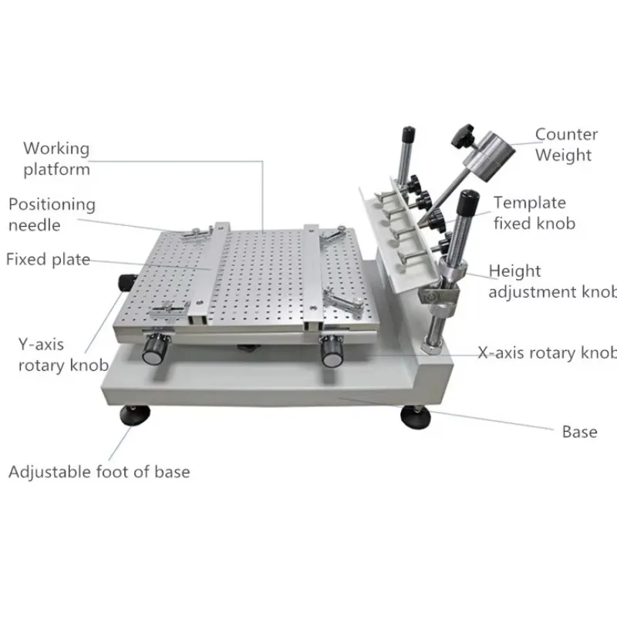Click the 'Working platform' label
coord(56,158)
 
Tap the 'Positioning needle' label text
coord(52,214)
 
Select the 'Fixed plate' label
coord(48,259)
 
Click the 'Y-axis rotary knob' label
coord(62,354)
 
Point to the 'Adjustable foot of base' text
coord(99,471)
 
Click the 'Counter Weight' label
coord(566,144)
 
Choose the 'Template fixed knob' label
coord(534,213)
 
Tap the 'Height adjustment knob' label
coord(551,282)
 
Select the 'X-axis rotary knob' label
coord(547,352)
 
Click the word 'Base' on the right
coord(579,431)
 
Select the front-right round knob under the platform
coord(333,351)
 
